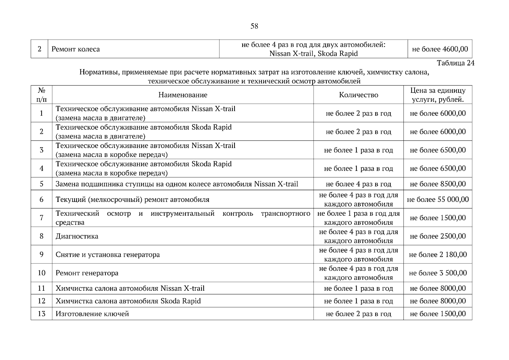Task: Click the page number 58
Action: click(254, 26)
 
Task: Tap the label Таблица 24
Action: click(455, 63)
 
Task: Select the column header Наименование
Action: click(183, 95)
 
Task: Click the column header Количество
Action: click(358, 95)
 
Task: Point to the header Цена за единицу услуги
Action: click(438, 95)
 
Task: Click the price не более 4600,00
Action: click(440, 49)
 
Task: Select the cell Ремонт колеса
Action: click(76, 49)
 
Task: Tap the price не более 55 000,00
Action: click(438, 199)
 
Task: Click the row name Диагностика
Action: click(77, 236)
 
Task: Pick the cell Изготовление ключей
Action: click(92, 314)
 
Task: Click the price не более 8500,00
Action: click(438, 184)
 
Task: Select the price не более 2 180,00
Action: click(438, 255)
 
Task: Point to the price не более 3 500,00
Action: click(438, 273)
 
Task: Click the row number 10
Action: click(41, 273)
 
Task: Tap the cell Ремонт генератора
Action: click(87, 273)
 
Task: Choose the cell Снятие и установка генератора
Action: click(108, 255)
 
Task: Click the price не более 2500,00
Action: click(438, 236)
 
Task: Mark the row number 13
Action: click(41, 314)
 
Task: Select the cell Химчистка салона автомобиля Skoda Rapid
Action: click(128, 301)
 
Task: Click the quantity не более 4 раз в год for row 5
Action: click(358, 184)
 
